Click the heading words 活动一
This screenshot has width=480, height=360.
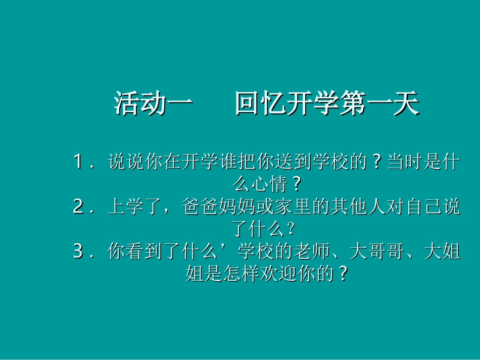pos(153,104)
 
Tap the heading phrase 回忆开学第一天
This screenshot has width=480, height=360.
pos(327,104)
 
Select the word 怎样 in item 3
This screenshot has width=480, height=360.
pos(250,273)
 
